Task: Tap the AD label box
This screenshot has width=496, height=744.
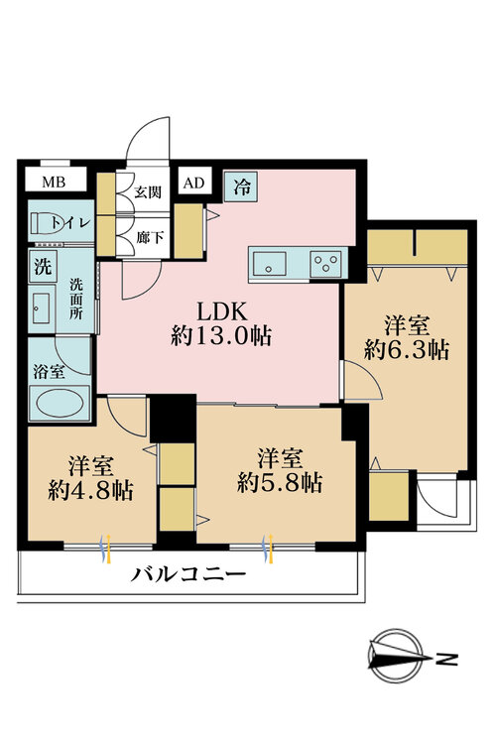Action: pyautogui.click(x=192, y=183)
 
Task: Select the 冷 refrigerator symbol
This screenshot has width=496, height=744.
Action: pyautogui.click(x=242, y=185)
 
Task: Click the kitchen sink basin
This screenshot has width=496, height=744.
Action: pyautogui.click(x=270, y=263)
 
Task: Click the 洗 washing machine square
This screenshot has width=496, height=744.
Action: pyautogui.click(x=43, y=267)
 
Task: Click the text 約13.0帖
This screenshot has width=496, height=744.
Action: pyautogui.click(x=221, y=334)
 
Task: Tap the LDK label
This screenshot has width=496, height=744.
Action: pyautogui.click(x=221, y=307)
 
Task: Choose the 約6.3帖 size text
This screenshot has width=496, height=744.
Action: pyautogui.click(x=405, y=349)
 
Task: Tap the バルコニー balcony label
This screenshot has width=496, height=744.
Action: pyautogui.click(x=188, y=576)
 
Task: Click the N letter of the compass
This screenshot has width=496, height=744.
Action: pyautogui.click(x=448, y=657)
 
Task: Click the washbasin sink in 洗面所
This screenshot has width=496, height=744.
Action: pyautogui.click(x=43, y=308)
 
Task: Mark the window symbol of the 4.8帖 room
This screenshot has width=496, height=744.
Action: pyautogui.click(x=107, y=546)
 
